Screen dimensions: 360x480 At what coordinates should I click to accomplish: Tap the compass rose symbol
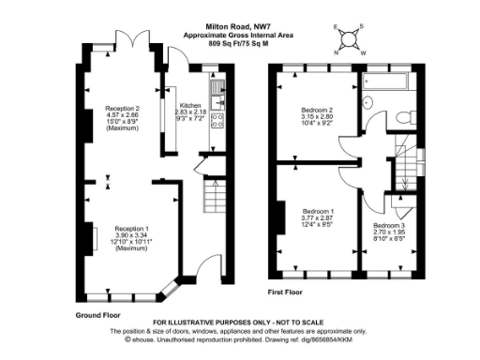(x=350, y=38)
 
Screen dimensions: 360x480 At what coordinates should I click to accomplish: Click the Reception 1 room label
(x=131, y=228)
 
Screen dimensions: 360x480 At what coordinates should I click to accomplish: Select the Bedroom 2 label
(x=318, y=111)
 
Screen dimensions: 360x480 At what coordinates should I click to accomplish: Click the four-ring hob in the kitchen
(x=217, y=121)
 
